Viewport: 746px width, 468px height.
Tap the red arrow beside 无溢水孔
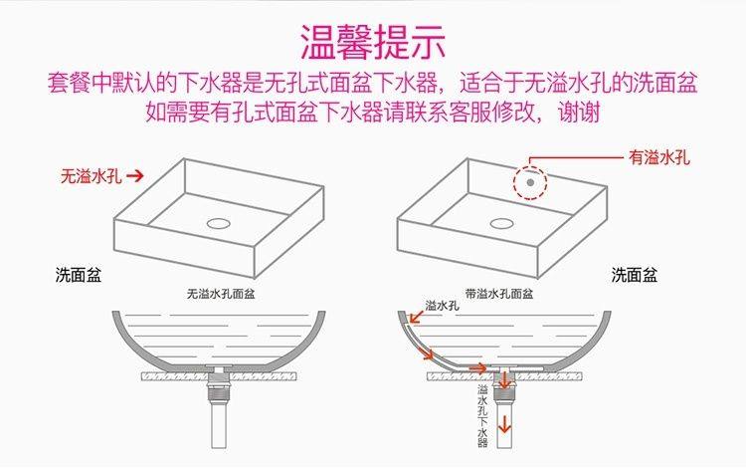(135, 175)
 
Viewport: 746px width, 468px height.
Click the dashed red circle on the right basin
(531, 182)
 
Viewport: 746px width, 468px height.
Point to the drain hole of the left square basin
(220, 221)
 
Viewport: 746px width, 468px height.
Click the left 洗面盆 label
(77, 274)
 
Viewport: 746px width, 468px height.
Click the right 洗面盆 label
(634, 274)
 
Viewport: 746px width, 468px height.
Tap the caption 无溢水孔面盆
(221, 295)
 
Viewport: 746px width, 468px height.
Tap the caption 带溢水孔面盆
(500, 295)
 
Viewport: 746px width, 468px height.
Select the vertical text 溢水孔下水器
(482, 412)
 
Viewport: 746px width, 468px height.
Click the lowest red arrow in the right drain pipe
(505, 422)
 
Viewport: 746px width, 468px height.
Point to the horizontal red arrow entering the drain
(478, 368)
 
